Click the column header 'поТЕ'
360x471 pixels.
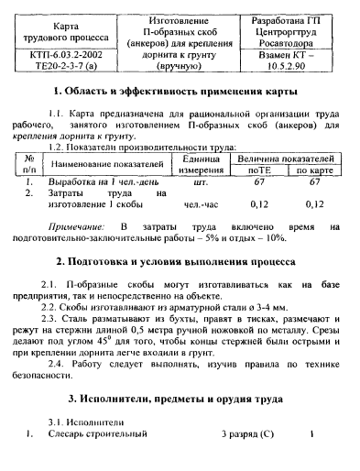pyautogui.click(x=260, y=170)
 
